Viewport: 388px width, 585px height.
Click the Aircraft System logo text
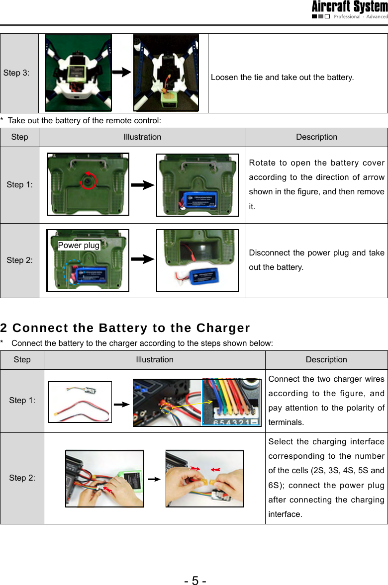coord(349,7)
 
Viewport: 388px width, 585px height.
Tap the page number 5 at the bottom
coord(194,580)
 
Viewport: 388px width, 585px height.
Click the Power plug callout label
coord(79,246)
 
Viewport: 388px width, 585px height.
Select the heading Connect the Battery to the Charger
coord(125,328)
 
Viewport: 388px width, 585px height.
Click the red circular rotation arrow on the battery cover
coord(90,181)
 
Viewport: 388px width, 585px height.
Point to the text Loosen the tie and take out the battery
coord(282,78)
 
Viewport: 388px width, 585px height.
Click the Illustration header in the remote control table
coord(142,137)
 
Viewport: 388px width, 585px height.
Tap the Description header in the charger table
coord(326,359)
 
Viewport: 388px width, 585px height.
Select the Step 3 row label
coord(16,73)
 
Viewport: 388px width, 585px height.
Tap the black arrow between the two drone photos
coord(122,73)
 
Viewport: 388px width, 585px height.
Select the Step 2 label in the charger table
coord(22,478)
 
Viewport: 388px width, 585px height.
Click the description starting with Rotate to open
coord(316,184)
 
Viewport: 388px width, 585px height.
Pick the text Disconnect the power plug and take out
coord(316,260)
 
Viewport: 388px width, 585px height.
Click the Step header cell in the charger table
coord(22,359)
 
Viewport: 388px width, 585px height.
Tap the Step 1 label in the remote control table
coord(19,185)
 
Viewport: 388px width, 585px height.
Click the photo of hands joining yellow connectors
coord(204,479)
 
